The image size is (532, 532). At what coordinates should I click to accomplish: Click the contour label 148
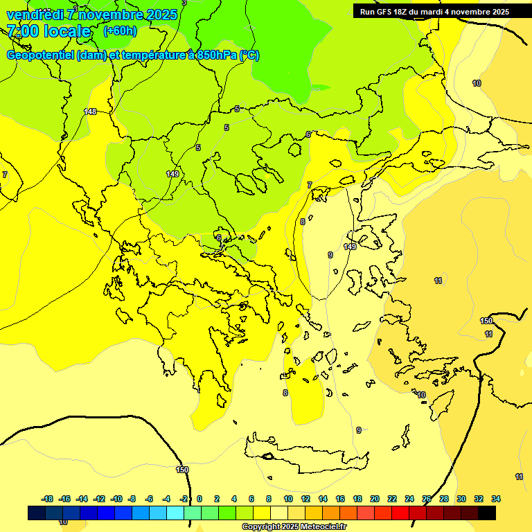90,112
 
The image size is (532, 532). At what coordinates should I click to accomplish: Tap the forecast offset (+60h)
120,31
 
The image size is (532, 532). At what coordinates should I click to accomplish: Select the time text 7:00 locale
48,31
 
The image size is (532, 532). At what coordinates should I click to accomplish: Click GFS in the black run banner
383,12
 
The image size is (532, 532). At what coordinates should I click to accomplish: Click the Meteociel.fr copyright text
294,527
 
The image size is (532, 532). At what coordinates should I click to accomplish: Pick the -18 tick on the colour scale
47,499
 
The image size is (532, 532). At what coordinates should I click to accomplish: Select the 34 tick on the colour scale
496,499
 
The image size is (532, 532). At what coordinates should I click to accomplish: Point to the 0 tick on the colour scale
199,499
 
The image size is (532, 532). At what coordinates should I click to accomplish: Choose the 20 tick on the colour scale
375,499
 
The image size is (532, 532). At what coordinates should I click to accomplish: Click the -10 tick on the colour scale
116,499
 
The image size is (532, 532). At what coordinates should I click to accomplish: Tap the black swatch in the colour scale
487,513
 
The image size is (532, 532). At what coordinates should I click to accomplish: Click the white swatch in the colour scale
279,513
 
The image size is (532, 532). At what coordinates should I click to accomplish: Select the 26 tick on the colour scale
427,499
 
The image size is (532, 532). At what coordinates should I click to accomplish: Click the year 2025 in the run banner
499,12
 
